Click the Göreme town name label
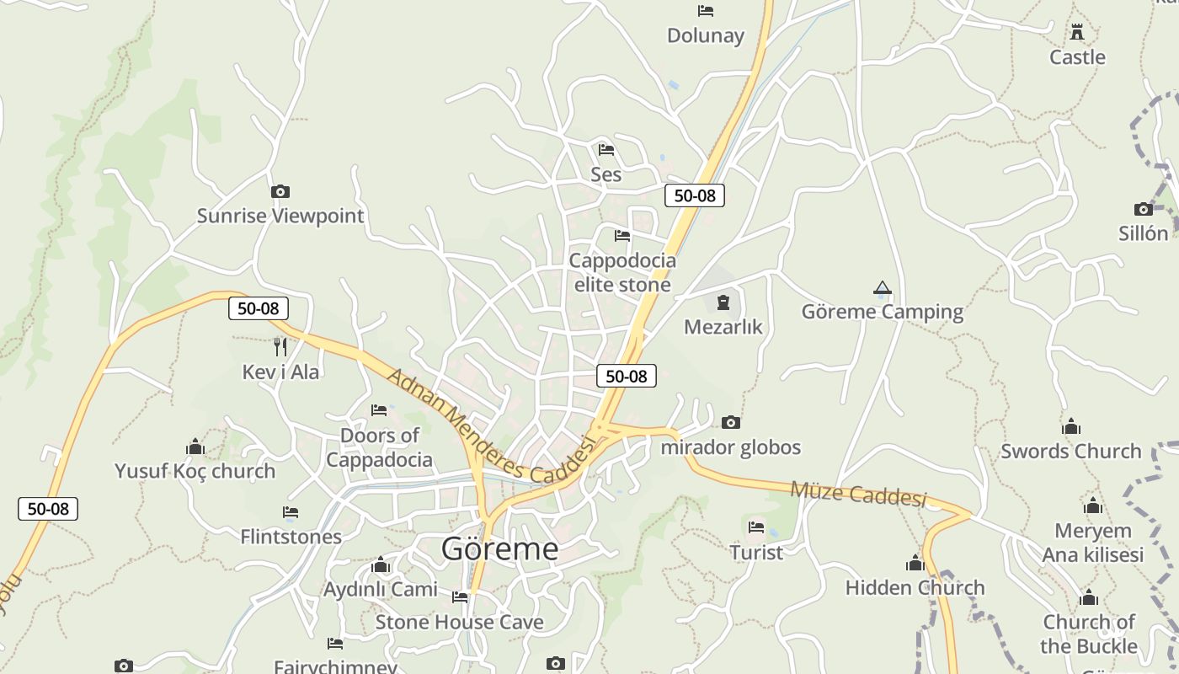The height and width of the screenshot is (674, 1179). tap(499, 549)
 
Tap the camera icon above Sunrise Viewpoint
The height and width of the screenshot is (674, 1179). tap(280, 192)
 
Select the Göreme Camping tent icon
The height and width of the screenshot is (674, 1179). tap(882, 288)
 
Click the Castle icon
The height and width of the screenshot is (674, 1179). tap(1077, 33)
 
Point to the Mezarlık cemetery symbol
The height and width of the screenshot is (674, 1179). tap(723, 302)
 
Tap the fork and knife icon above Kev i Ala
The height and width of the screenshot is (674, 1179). tap(280, 346)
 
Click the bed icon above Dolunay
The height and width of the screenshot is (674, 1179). tap(706, 11)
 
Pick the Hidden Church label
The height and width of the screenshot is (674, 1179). tap(915, 587)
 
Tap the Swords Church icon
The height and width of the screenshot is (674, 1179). tap(1071, 426)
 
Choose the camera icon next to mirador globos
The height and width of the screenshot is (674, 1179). tap(731, 422)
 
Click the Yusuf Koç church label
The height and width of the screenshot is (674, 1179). tap(195, 471)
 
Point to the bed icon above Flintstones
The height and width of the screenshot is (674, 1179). tap(291, 512)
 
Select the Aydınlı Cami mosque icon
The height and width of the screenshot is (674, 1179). tap(381, 564)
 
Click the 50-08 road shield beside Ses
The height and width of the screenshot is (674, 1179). tap(694, 195)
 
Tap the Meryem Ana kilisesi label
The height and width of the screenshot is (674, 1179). tap(1093, 543)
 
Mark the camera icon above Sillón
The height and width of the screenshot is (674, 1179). tap(1143, 209)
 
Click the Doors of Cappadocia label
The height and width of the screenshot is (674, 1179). tap(379, 447)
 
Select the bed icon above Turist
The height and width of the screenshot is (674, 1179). tap(756, 527)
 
